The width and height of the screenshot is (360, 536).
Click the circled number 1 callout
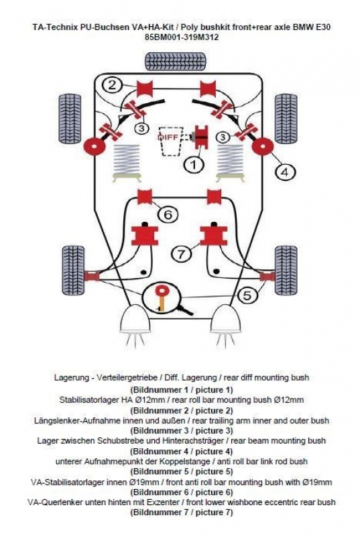click(x=193, y=165)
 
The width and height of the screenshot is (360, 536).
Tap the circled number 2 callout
click(x=112, y=84)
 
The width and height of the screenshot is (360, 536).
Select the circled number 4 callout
click(x=285, y=172)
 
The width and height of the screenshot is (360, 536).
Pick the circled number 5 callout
click(x=247, y=295)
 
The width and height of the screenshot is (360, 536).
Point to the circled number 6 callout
click(x=168, y=214)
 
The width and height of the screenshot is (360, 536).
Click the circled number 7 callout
click(x=182, y=254)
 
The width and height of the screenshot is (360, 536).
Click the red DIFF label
click(x=168, y=137)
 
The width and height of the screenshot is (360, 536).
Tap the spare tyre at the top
click(x=176, y=62)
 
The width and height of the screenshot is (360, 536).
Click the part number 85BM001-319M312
click(x=182, y=37)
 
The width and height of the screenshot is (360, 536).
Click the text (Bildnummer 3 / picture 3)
click(x=182, y=430)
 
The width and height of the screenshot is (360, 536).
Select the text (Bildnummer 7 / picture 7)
click(x=182, y=512)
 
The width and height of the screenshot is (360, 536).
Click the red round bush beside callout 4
click(x=263, y=146)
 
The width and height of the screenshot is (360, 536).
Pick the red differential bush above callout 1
click(x=202, y=137)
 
